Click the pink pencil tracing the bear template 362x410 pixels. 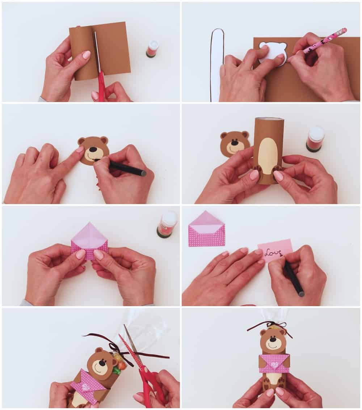(x=326, y=41)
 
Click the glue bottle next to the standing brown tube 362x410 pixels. (x=315, y=139)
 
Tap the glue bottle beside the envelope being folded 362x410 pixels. (x=167, y=224)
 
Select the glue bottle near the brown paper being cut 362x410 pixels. (x=152, y=49)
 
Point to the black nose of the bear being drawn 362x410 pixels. (x=93, y=149)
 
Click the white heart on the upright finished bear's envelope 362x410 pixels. (x=275, y=364)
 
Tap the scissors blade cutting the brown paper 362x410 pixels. (x=97, y=51)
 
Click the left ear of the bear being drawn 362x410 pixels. (x=81, y=141)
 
